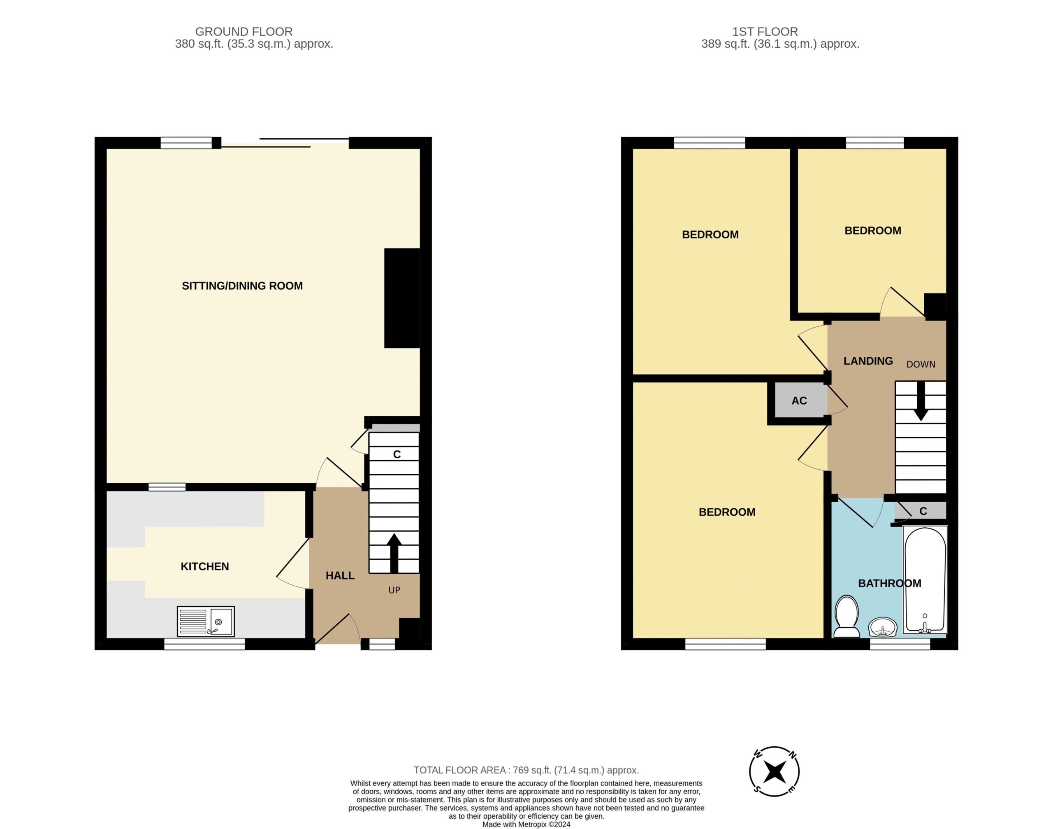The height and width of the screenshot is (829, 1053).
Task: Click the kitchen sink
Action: pos(206,621)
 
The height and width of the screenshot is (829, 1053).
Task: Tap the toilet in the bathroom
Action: pos(847,617)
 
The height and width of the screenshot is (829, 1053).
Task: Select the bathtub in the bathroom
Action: pos(925,580)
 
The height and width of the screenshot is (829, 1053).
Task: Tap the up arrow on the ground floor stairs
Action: pos(394,553)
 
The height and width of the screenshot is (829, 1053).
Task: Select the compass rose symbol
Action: pos(774,772)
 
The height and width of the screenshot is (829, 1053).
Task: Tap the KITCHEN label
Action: pos(205,566)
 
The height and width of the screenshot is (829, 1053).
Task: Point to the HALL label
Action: pos(340,575)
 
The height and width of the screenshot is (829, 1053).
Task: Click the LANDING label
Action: pos(868,361)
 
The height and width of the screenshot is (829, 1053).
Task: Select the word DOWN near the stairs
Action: pos(921,365)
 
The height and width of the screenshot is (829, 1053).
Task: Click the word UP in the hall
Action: pos(394,590)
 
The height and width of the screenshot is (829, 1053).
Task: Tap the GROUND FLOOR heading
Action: pos(244,32)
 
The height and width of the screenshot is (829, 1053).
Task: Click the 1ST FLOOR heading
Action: pos(765,32)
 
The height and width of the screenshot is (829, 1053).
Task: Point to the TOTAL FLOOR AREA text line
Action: pos(526,770)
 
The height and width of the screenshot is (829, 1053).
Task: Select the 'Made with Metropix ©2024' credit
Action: pos(526,824)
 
